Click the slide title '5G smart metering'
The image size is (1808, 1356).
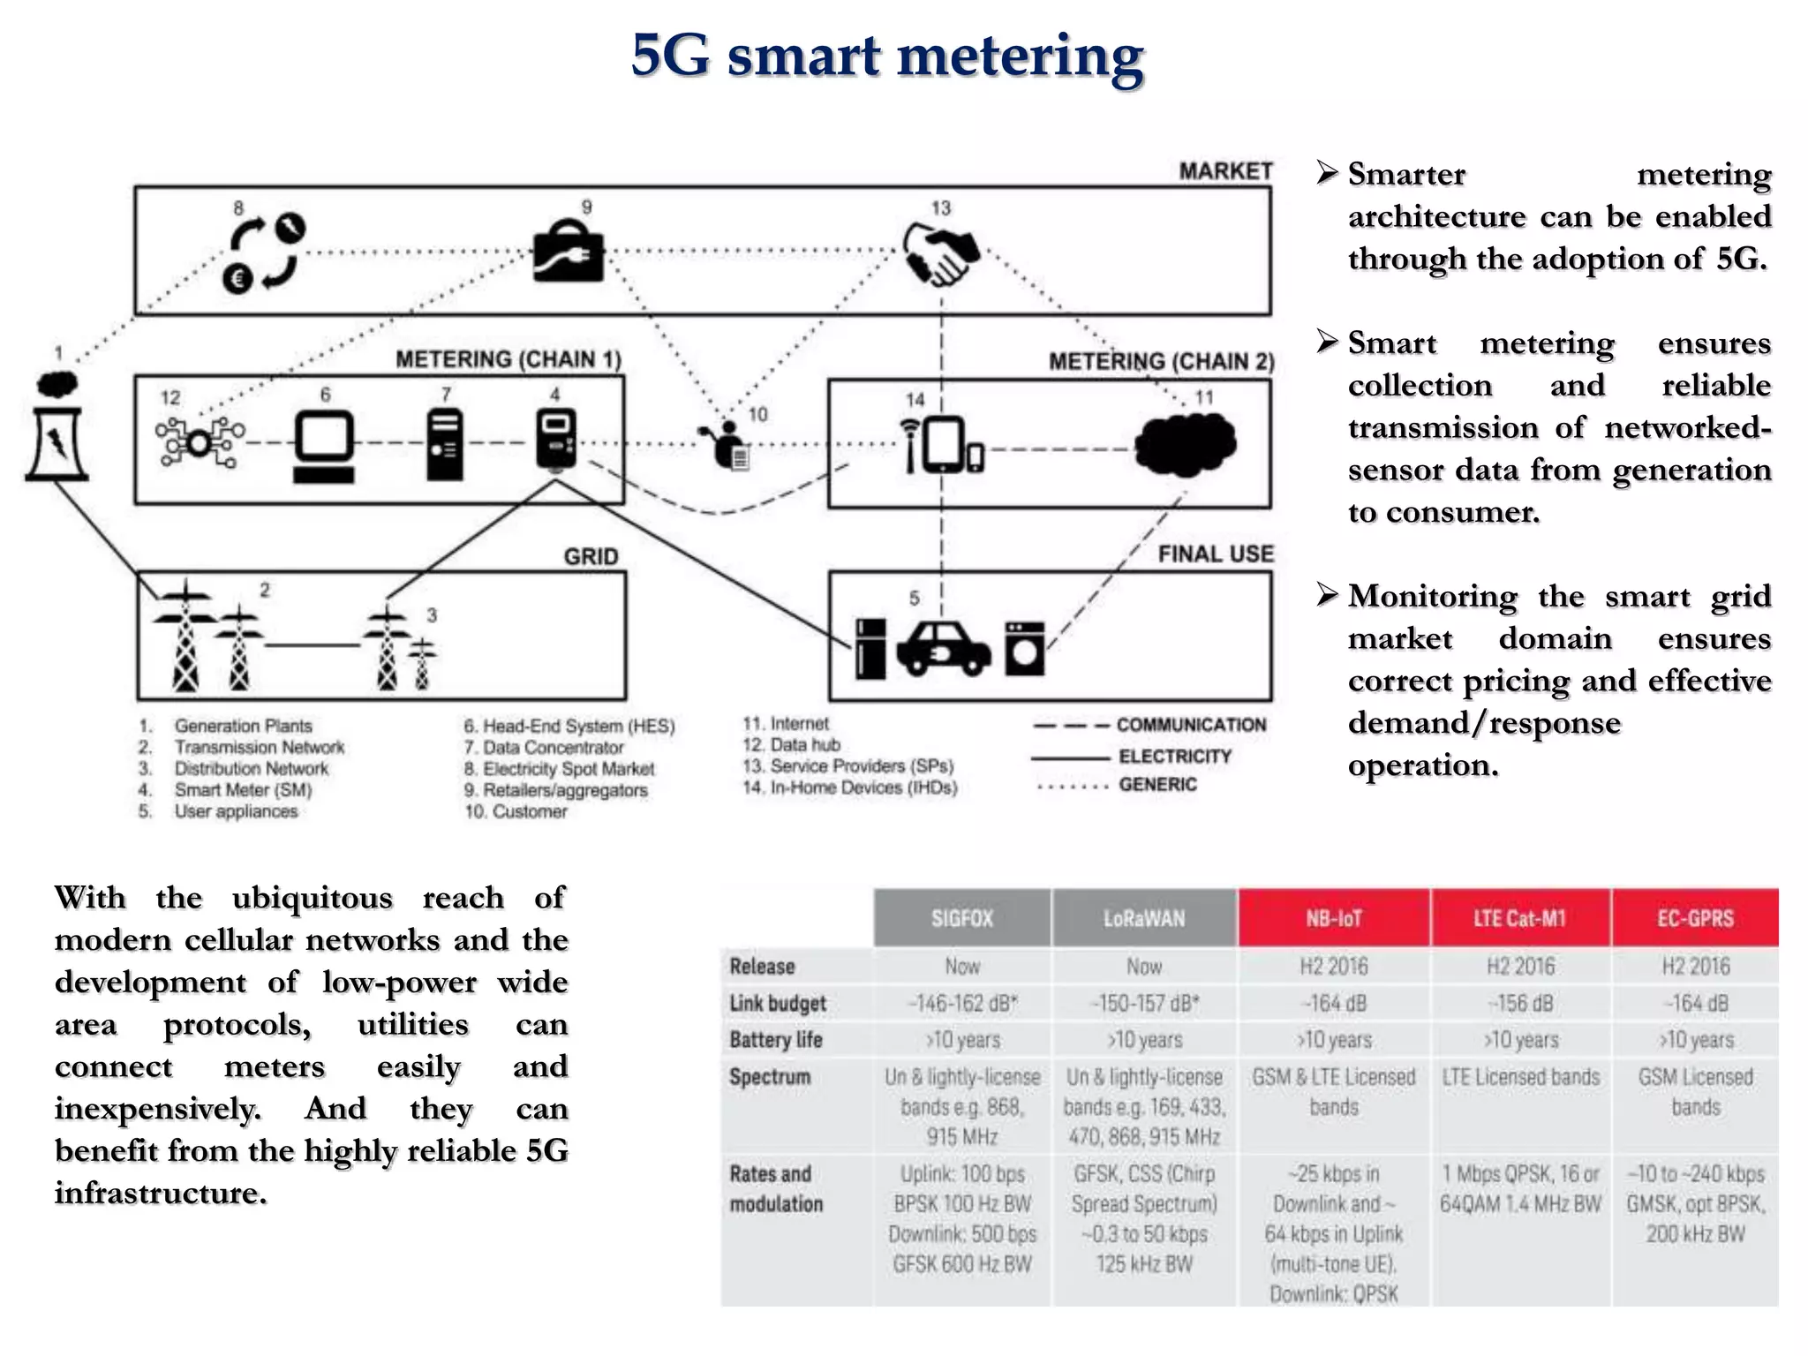(887, 56)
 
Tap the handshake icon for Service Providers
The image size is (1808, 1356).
(940, 254)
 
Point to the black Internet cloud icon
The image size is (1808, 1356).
(1186, 444)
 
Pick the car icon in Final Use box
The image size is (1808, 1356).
(943, 650)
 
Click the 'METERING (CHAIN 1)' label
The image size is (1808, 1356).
(508, 359)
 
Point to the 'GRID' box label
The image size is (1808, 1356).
(591, 556)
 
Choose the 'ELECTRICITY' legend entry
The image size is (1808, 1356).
(1174, 757)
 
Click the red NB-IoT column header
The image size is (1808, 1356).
(1334, 918)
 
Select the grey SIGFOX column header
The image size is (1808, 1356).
(962, 918)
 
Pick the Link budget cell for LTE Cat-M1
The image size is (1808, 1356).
(1520, 1004)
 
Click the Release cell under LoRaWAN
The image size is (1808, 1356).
(1144, 967)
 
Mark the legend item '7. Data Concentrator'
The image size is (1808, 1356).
(545, 748)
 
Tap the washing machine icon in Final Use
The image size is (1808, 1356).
(1024, 649)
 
